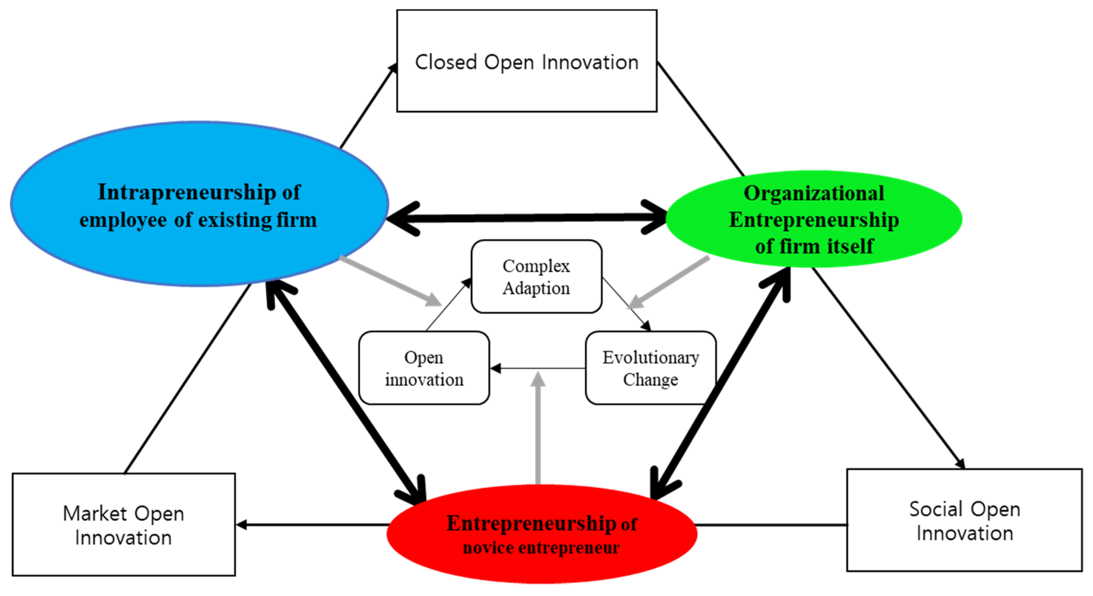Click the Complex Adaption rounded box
click(x=536, y=277)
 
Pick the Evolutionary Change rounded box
click(x=651, y=368)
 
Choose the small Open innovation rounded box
click(x=424, y=368)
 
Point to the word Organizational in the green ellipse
click(x=814, y=193)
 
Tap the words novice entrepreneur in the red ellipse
click(x=541, y=548)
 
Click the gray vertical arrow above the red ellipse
click(x=538, y=429)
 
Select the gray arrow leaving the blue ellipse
click(x=391, y=281)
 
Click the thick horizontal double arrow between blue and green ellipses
click(x=526, y=218)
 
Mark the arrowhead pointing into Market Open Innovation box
click(x=241, y=525)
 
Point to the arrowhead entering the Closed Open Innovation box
click(x=393, y=69)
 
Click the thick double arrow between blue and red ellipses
click(x=346, y=393)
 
